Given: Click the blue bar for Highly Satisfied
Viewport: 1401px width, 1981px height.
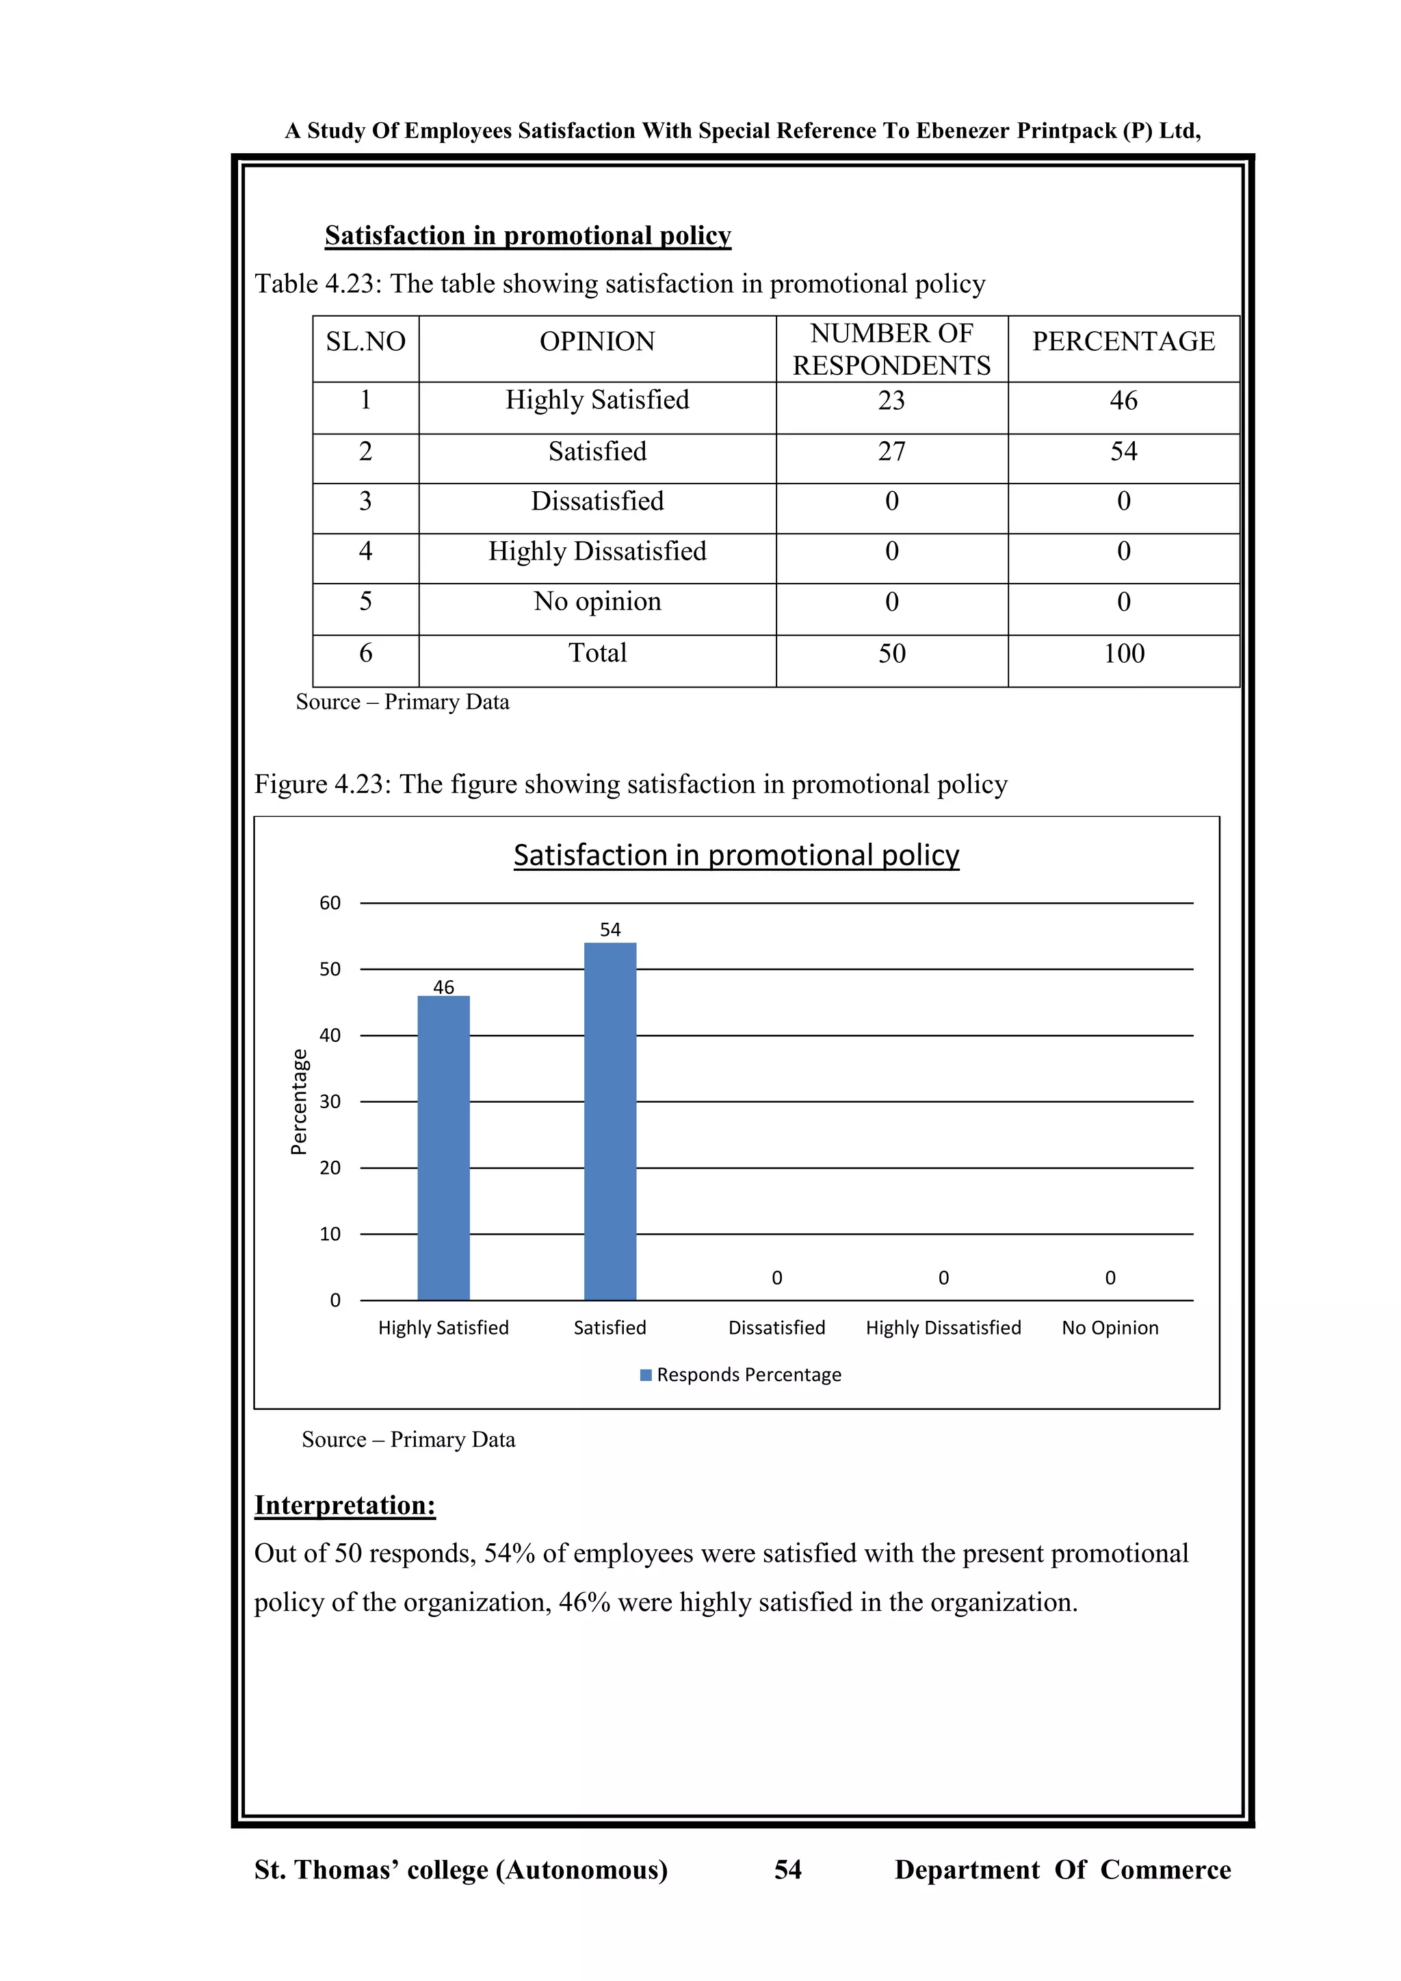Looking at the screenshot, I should point(443,1148).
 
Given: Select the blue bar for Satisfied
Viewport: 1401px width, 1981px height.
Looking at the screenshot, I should point(610,1122).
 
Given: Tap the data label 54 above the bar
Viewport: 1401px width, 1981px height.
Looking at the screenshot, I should point(610,929).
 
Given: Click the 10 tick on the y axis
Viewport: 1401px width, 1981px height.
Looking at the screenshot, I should point(330,1234).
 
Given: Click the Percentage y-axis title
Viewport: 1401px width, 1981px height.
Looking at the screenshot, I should point(298,1102).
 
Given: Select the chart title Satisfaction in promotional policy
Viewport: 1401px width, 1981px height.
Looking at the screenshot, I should point(736,855).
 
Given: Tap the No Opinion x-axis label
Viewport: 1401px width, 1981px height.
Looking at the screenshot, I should point(1110,1328).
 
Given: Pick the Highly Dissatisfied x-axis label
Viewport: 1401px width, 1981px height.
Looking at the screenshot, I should point(943,1328).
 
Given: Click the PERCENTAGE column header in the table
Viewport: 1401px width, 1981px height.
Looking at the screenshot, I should point(1123,341).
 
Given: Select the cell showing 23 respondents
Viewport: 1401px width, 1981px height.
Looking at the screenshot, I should point(891,400).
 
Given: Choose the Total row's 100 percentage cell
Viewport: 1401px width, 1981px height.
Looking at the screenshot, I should point(1123,653).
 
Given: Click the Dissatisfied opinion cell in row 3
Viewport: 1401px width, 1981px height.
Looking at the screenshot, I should point(597,501).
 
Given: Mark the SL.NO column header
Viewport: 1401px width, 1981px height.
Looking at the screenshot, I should point(366,341).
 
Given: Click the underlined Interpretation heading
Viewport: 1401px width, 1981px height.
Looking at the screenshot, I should point(345,1506).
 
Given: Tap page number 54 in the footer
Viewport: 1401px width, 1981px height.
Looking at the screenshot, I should point(787,1870).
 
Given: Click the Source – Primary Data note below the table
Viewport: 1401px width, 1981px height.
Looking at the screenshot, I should point(402,701).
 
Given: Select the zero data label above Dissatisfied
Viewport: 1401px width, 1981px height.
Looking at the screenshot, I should point(776,1278).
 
